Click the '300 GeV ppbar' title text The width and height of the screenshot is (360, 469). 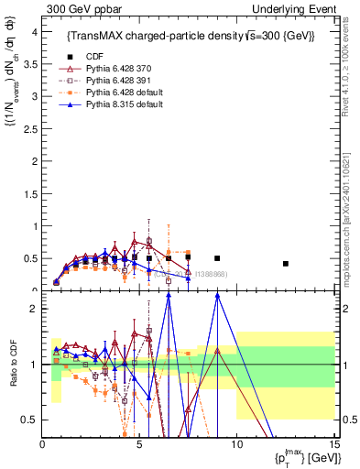[79, 8]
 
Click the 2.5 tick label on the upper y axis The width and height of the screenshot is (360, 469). [29, 128]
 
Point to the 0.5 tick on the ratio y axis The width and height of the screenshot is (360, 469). [29, 420]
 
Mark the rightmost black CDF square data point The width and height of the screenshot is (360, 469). [286, 264]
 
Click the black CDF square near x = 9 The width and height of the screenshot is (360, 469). [217, 258]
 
